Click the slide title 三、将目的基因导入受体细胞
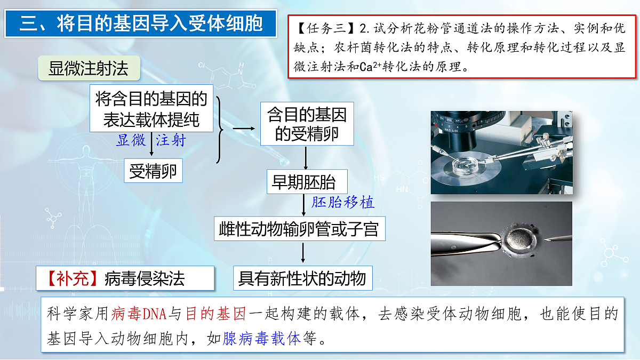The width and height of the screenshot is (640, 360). [x=141, y=24]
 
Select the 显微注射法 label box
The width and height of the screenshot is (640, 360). [x=89, y=69]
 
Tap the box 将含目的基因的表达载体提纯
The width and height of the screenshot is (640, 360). [x=151, y=109]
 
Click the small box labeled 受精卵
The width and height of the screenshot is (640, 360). [x=153, y=172]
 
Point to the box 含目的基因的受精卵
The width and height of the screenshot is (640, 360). [x=307, y=124]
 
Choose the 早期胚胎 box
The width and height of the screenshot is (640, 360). [x=304, y=182]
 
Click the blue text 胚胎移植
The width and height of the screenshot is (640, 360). [x=343, y=202]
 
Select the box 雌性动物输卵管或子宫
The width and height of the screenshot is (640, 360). [x=299, y=229]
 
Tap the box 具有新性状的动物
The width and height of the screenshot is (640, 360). [x=302, y=278]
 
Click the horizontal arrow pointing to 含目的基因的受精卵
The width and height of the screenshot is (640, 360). [x=243, y=129]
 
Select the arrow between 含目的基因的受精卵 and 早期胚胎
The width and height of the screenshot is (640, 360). [x=306, y=158]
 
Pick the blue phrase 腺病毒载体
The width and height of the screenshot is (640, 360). [x=262, y=339]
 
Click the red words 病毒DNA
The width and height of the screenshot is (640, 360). [x=140, y=314]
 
